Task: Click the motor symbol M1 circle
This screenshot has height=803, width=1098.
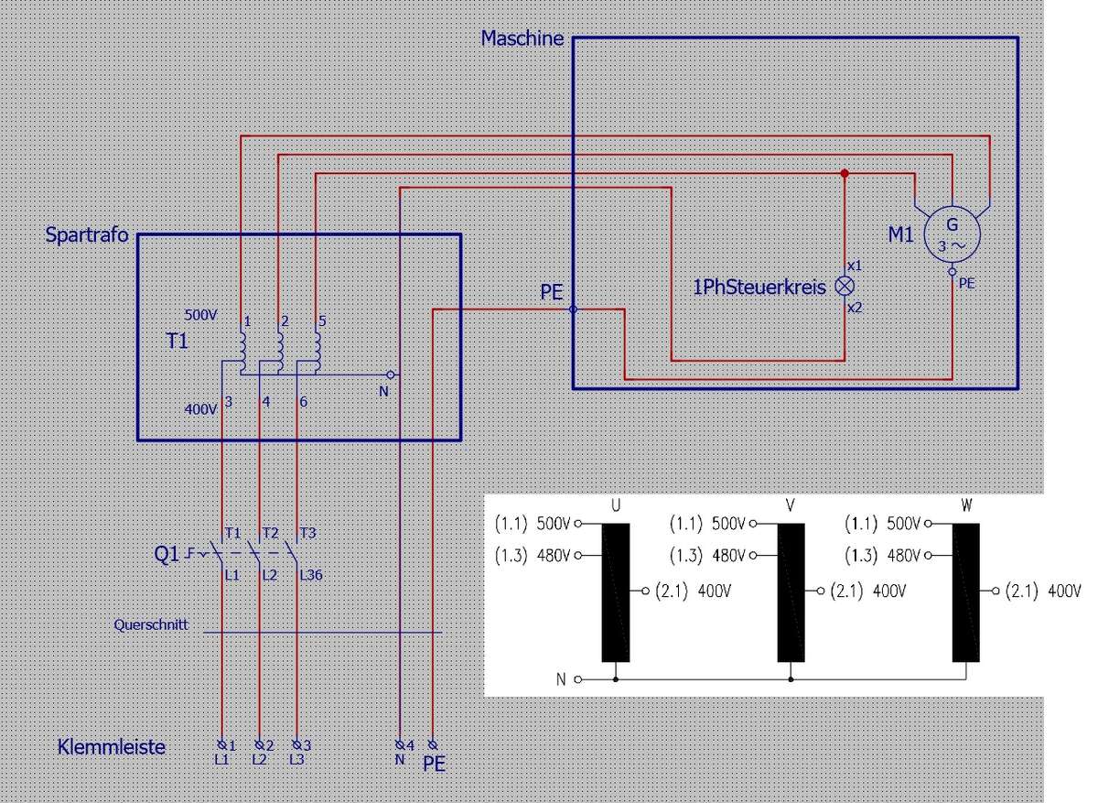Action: click(x=953, y=235)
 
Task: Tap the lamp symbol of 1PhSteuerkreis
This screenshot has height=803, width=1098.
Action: click(x=845, y=286)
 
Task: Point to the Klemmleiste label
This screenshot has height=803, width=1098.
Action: click(x=112, y=747)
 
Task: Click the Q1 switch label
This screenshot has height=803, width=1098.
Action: click(x=167, y=553)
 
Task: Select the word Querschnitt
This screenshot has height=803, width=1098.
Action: click(x=151, y=625)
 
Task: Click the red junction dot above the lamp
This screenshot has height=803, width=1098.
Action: click(x=845, y=173)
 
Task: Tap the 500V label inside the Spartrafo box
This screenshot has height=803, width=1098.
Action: click(x=200, y=314)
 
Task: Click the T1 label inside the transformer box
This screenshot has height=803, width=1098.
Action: click(x=178, y=342)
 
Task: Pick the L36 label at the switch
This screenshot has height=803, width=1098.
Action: click(x=311, y=576)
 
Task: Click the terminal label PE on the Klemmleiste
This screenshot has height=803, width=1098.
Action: click(x=435, y=763)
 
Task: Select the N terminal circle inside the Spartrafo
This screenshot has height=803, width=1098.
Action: click(x=391, y=374)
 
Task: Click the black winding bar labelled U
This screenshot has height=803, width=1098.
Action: click(x=616, y=591)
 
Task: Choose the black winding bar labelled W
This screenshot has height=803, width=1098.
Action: click(x=966, y=591)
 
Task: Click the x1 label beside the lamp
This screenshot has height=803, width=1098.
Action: click(x=855, y=266)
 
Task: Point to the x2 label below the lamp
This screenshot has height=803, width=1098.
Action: click(x=855, y=308)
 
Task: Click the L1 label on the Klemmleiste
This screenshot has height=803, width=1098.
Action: click(x=221, y=759)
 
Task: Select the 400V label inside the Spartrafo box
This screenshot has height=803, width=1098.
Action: click(x=200, y=409)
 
